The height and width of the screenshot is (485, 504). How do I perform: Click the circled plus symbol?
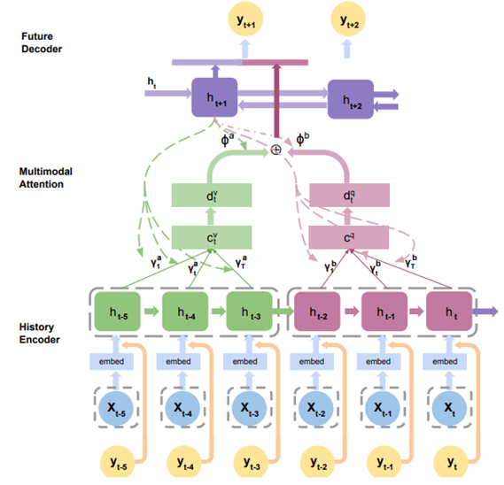coord(275,151)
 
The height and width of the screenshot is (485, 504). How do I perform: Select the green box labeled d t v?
coord(213,196)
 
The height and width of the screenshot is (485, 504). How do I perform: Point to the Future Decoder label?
coord(42,42)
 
